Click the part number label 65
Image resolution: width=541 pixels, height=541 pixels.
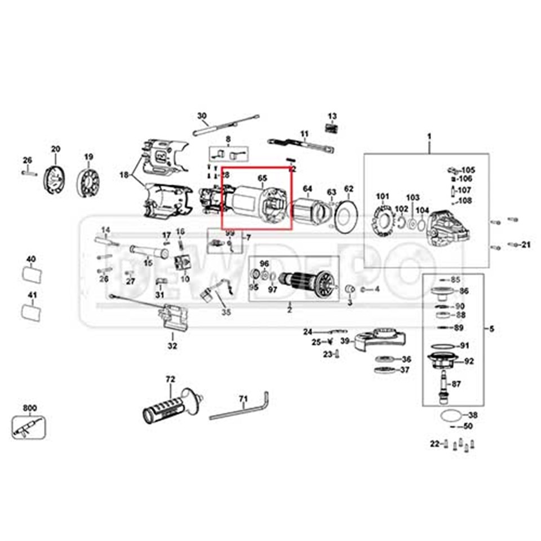[262, 178]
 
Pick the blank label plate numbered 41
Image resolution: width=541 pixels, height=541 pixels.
[32, 312]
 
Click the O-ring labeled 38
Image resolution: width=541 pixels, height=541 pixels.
[449, 416]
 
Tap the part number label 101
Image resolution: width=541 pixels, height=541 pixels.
[383, 197]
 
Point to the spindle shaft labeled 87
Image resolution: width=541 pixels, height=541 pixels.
[444, 385]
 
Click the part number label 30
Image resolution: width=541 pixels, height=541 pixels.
[202, 116]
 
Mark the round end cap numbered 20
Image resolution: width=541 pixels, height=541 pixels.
[55, 179]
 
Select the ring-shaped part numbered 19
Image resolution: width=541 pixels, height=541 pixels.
[88, 182]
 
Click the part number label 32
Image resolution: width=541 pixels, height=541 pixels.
[172, 345]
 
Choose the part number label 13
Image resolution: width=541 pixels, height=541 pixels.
[332, 116]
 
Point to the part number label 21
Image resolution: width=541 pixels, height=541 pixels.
[526, 244]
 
